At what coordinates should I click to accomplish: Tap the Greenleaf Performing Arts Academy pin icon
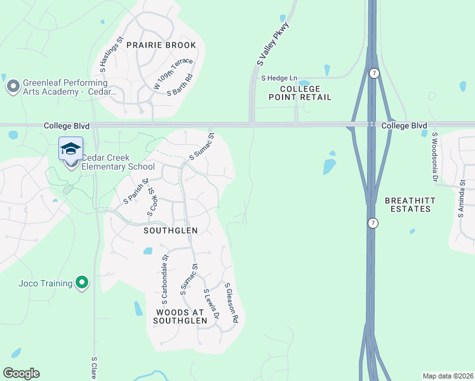pyautogui.click(x=12, y=86)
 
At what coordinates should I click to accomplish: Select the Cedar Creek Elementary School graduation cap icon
pyautogui.click(x=70, y=149)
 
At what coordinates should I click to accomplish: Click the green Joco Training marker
pyautogui.click(x=81, y=283)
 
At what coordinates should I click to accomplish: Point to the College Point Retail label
pyautogui.click(x=300, y=93)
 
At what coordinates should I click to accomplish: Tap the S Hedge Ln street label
pyautogui.click(x=279, y=78)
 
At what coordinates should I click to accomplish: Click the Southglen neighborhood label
pyautogui.click(x=170, y=231)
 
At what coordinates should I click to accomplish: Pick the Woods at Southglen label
pyautogui.click(x=180, y=317)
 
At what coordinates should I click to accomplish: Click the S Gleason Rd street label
pyautogui.click(x=231, y=304)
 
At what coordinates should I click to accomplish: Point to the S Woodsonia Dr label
pyautogui.click(x=436, y=152)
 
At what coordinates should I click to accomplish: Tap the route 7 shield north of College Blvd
pyautogui.click(x=375, y=74)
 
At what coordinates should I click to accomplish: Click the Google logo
pyautogui.click(x=21, y=373)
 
